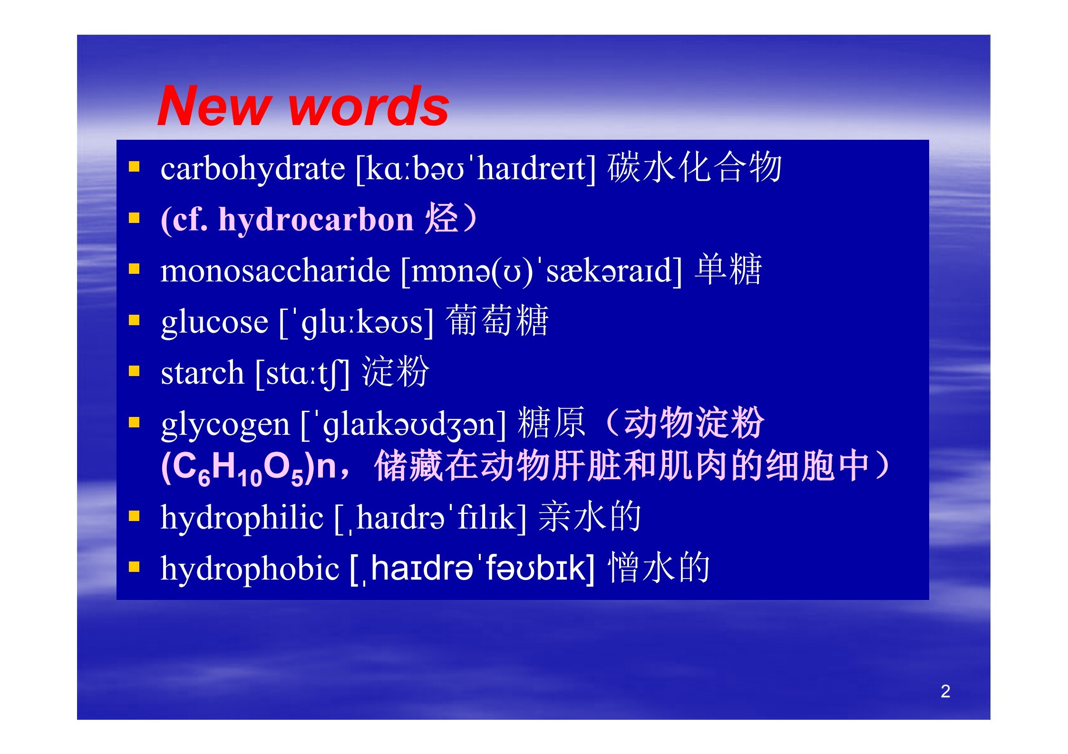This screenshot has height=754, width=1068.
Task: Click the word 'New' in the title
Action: click(x=214, y=106)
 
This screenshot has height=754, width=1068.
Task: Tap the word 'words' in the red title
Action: click(x=369, y=106)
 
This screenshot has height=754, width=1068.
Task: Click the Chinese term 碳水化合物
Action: click(x=694, y=168)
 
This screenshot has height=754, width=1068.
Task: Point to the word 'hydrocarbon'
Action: click(x=316, y=221)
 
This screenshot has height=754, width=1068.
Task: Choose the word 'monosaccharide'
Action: click(x=275, y=271)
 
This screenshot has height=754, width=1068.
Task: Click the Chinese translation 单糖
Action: click(x=728, y=270)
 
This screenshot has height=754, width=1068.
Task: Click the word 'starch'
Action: click(x=202, y=373)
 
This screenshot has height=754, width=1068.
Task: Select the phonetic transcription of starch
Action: click(x=302, y=374)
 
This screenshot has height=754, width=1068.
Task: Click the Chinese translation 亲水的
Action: click(x=590, y=516)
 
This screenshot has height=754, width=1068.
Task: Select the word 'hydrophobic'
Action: click(x=250, y=569)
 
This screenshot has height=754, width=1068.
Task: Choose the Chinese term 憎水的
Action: click(x=659, y=567)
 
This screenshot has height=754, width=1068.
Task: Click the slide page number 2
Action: click(x=945, y=691)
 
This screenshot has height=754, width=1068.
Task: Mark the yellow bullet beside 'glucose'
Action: click(x=134, y=320)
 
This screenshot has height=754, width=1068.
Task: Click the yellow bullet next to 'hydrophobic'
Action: click(x=134, y=566)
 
